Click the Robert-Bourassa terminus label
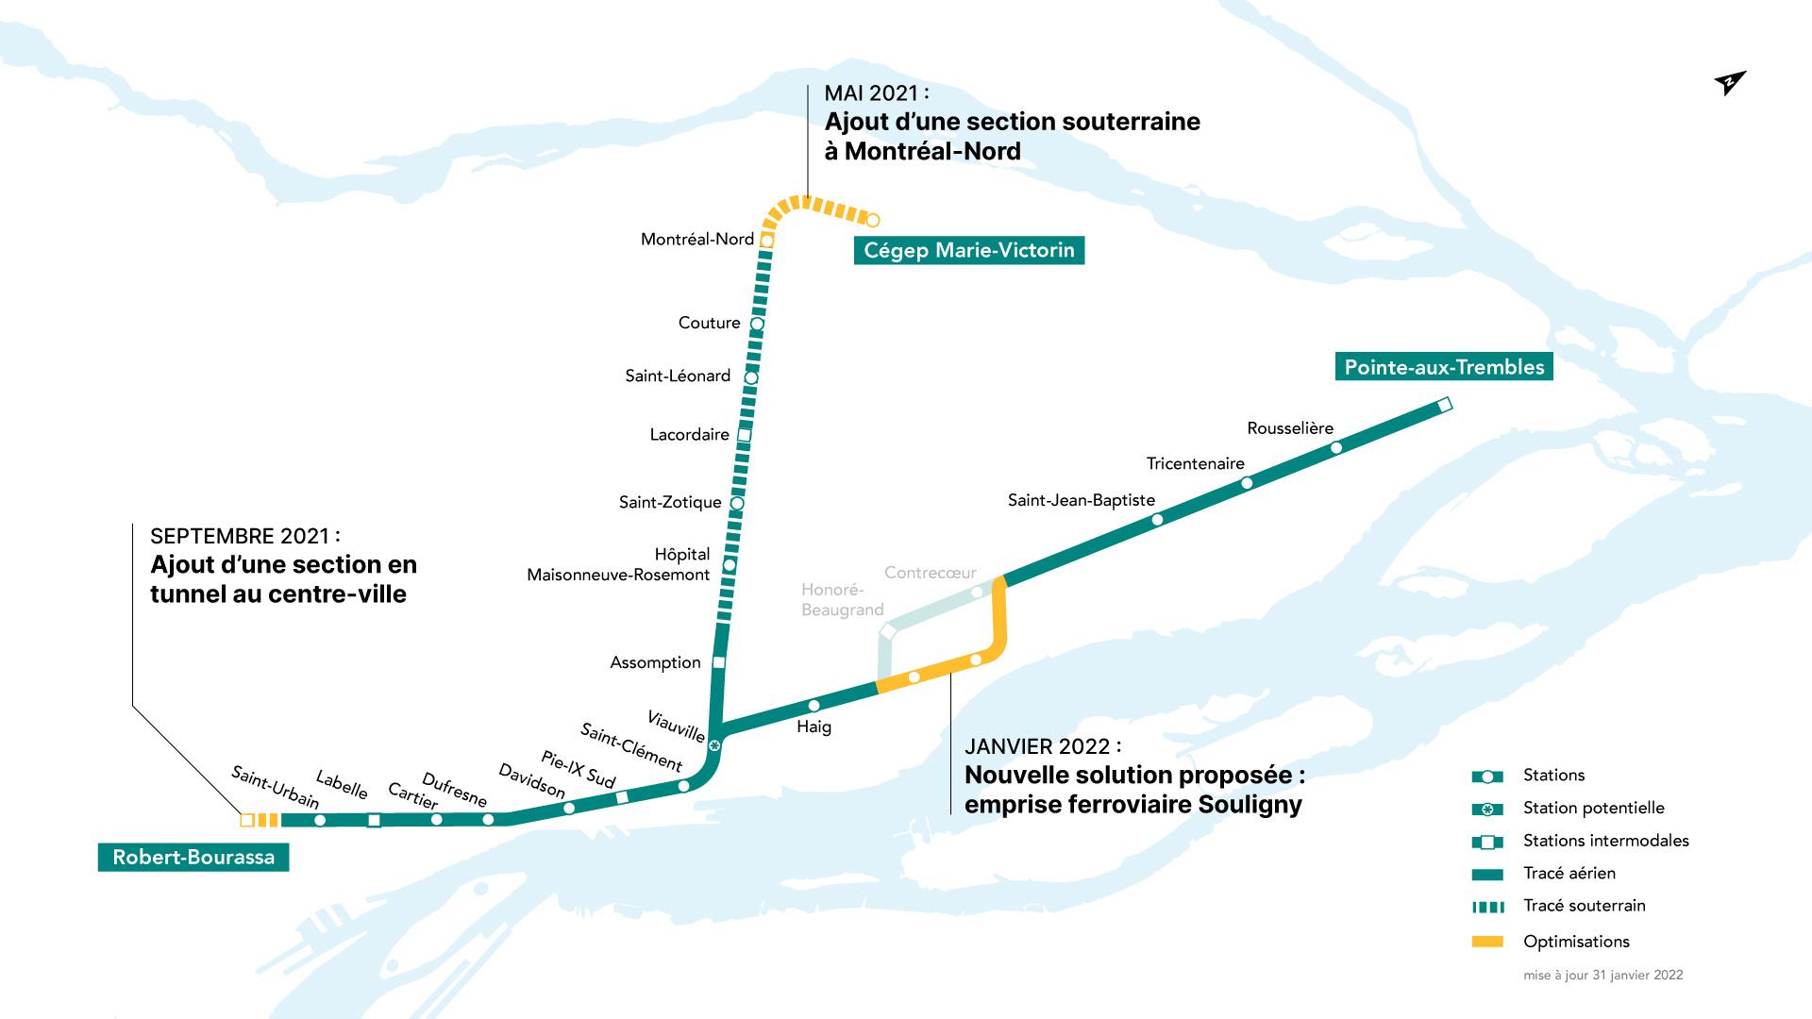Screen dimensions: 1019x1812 193,857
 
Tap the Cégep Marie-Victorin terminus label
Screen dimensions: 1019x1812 969,250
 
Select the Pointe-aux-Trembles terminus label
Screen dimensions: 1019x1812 1444,367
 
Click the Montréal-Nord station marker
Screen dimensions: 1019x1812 767,241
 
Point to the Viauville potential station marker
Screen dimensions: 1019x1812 714,746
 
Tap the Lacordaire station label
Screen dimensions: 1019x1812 689,435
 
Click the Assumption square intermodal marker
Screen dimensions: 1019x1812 719,662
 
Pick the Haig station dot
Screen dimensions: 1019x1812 814,706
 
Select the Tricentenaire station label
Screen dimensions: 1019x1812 1195,463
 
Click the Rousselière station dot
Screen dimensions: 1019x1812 1336,447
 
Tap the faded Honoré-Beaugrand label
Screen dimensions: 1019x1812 842,600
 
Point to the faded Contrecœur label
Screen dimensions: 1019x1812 930,573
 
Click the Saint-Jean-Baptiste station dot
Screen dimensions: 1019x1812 1158,519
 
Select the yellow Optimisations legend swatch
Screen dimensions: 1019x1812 1487,942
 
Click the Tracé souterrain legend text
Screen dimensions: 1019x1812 1584,906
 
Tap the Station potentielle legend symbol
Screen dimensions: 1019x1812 1487,809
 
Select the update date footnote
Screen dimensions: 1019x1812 1602,976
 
